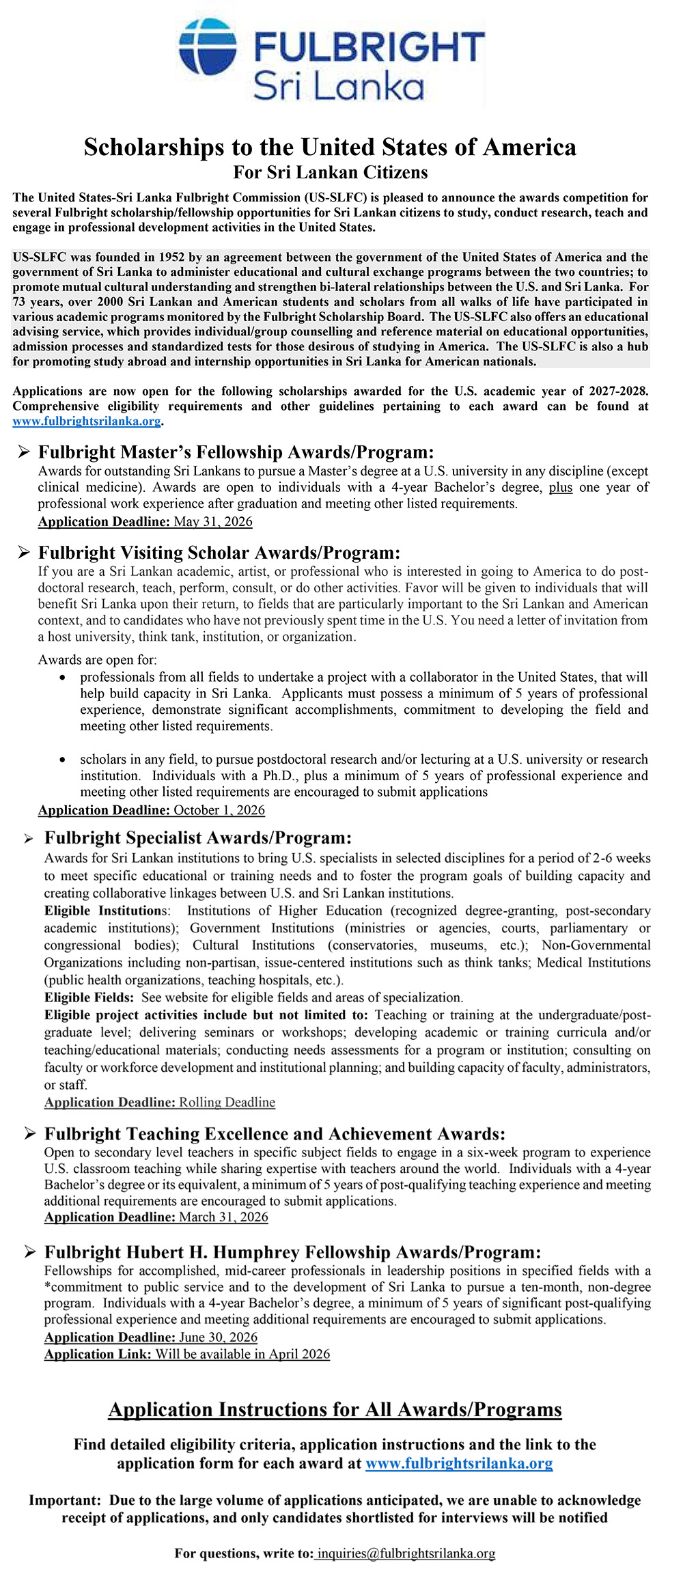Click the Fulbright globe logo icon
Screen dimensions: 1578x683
208,46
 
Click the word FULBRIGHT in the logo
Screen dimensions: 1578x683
369,47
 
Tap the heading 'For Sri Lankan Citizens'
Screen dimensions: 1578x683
331,172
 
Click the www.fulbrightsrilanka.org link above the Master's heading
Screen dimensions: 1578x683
87,421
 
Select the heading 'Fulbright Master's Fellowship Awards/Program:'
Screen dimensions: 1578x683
236,452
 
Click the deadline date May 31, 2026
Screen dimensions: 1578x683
213,522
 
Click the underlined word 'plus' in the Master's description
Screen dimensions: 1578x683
560,488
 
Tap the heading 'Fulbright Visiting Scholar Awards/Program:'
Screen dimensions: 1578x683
219,553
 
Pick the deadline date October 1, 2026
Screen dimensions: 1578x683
219,810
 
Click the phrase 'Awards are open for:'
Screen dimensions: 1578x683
98,660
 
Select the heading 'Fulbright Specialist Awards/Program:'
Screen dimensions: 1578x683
198,838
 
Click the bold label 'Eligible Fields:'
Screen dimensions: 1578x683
89,997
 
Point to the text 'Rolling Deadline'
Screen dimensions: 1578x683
227,1103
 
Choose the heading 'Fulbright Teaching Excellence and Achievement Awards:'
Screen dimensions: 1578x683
275,1134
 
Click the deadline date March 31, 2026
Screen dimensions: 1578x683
224,1217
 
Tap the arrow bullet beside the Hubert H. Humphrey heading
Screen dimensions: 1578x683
29,1252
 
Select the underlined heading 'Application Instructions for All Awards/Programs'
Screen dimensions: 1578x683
335,1410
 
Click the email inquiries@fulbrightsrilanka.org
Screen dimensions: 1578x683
406,1553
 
